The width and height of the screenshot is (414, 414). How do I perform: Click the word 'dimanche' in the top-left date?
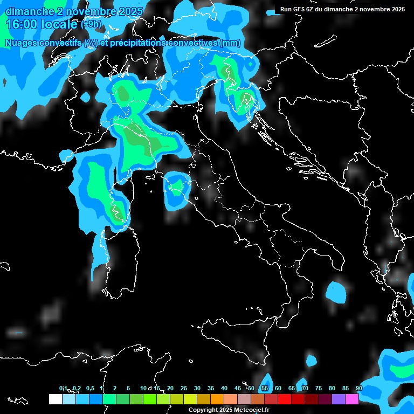27,11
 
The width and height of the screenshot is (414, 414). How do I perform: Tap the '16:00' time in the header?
21,24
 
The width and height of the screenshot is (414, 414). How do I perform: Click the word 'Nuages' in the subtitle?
22,43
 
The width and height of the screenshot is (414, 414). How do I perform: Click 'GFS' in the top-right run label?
301,9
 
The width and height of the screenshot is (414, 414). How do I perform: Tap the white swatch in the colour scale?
55,399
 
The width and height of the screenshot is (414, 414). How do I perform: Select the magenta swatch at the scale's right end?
352,399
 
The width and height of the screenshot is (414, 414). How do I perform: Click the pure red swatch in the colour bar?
285,399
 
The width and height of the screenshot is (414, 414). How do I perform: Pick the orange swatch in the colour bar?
217,399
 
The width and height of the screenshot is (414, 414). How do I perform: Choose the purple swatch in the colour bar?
339,399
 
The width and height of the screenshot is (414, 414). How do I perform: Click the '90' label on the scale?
359,389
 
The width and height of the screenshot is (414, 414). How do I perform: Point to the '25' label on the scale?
184,389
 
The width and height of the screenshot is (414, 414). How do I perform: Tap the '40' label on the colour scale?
224,389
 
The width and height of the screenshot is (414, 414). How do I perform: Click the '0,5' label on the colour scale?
89,389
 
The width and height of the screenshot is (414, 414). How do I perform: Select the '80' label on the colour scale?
332,389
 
